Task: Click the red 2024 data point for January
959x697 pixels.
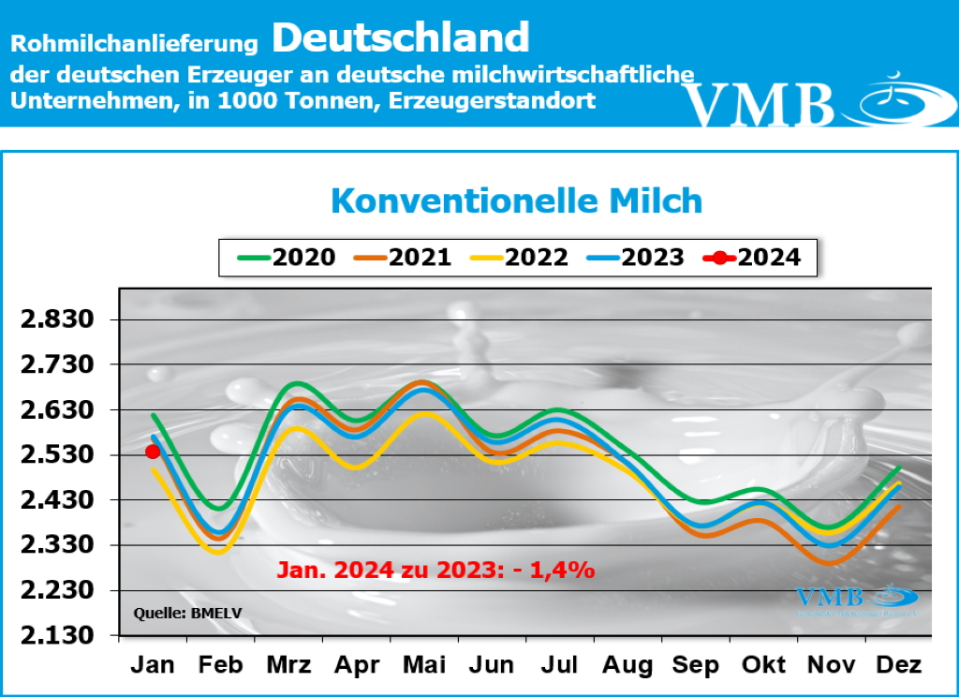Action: pos(153,452)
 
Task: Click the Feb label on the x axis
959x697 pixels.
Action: pos(221,665)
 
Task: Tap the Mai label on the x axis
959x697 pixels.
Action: pos(424,665)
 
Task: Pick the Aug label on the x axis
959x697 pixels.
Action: pos(627,665)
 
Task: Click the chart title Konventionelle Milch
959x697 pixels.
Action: pos(516,200)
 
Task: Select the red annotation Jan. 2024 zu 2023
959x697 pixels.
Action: pos(435,569)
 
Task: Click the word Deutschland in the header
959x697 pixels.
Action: pos(401,37)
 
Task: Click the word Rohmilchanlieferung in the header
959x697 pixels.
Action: pos(135,43)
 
